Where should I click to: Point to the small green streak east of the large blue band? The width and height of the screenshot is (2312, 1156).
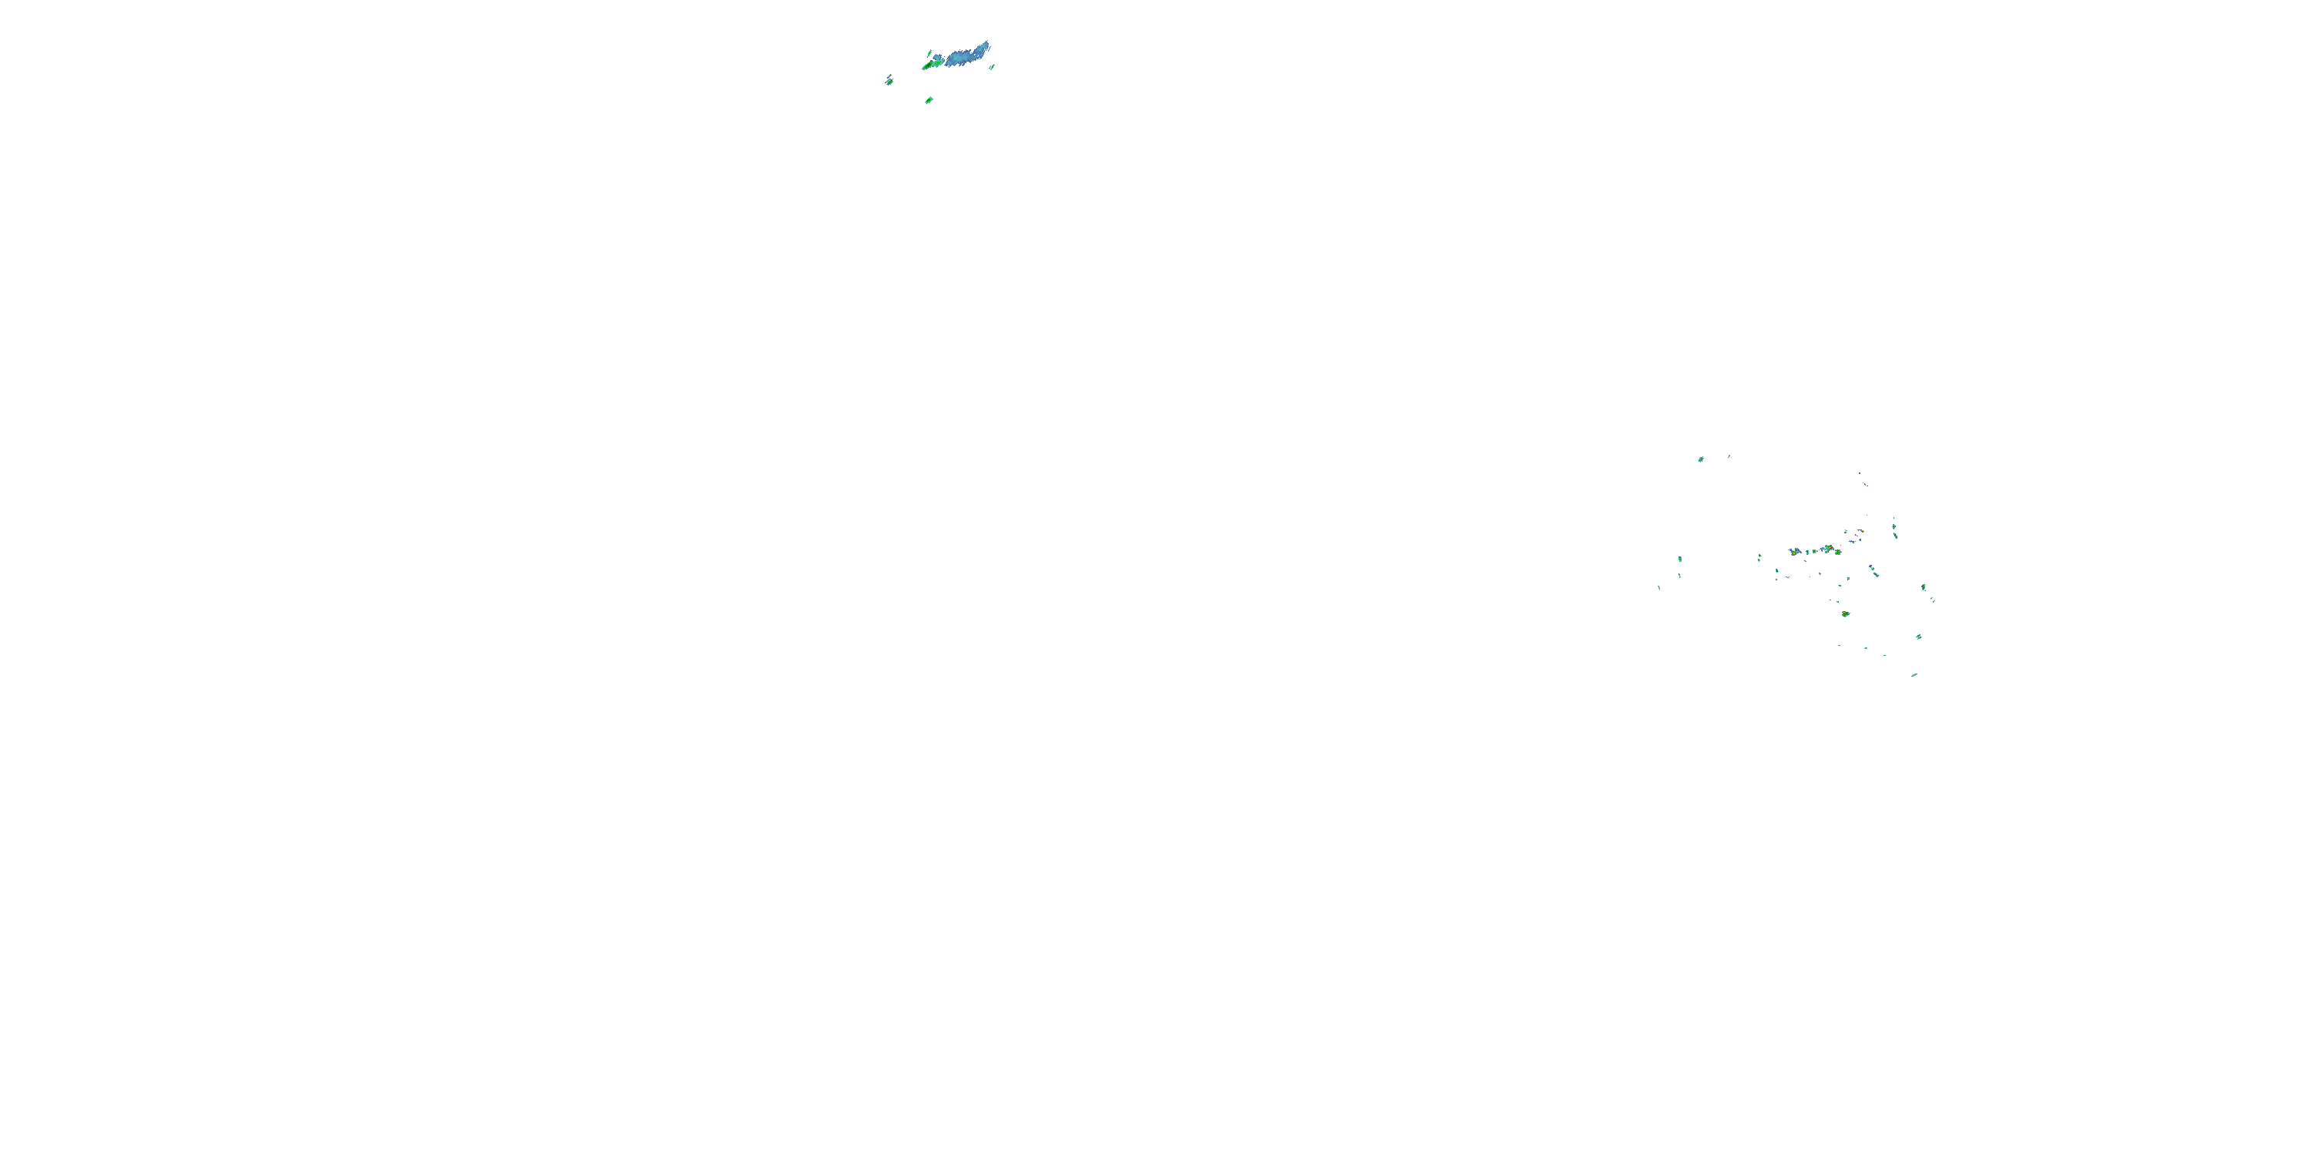(x=993, y=67)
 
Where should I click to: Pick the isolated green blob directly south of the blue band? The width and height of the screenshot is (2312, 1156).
(x=929, y=100)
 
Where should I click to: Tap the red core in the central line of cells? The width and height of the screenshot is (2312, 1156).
(x=1831, y=547)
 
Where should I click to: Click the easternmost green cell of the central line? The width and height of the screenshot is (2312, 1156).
(x=1838, y=552)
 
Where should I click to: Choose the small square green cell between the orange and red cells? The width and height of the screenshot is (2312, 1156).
(x=1814, y=551)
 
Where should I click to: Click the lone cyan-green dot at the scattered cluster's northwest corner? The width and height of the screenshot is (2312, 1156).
(x=1701, y=459)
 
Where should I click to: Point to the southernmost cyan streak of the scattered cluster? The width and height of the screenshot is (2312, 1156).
(x=1914, y=676)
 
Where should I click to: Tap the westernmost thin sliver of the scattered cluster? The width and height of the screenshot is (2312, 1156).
(x=1658, y=589)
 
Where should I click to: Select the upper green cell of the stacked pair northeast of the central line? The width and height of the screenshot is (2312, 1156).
(x=1894, y=526)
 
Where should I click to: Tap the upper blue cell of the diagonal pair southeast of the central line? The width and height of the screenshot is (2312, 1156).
(x=1872, y=567)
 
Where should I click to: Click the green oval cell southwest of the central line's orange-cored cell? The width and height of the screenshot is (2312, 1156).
(x=1777, y=571)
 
